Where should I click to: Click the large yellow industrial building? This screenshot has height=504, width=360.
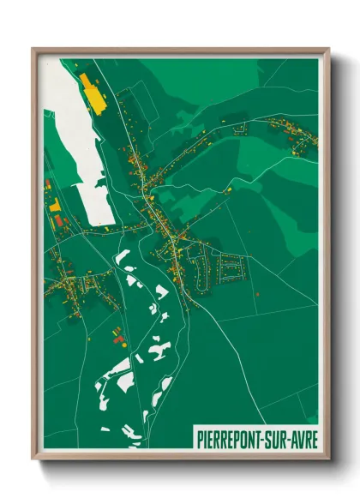[90, 92]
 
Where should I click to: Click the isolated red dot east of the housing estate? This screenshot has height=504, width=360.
[257, 294]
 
